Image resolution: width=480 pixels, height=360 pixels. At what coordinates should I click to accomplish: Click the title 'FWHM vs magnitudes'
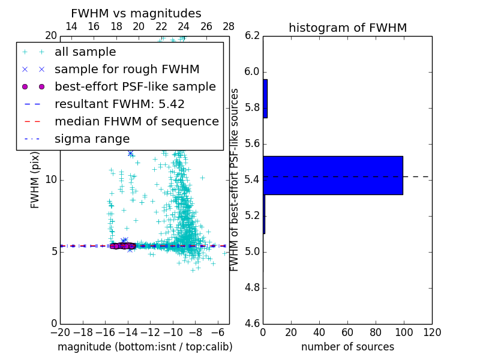click(136, 13)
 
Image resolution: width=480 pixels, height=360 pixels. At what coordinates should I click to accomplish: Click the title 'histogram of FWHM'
click(347, 28)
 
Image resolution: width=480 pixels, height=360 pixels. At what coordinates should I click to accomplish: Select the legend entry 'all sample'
click(85, 52)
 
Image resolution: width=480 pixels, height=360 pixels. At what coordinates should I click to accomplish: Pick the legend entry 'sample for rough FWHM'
click(127, 70)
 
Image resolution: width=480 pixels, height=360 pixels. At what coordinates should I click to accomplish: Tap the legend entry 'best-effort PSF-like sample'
click(135, 87)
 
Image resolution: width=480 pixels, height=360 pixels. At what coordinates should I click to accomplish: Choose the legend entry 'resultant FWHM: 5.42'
click(119, 104)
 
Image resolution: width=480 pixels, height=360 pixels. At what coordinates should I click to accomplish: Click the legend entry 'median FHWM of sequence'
click(136, 122)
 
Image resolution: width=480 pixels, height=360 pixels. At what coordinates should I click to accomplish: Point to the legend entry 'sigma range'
click(92, 139)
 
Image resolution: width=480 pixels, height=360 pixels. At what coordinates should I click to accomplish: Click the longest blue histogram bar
click(332, 175)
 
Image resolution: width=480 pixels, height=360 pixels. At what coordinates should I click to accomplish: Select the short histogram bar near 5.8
click(265, 98)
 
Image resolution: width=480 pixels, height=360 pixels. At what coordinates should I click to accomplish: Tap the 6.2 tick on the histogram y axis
click(252, 36)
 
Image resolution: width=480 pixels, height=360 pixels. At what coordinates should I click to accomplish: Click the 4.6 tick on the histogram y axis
click(252, 323)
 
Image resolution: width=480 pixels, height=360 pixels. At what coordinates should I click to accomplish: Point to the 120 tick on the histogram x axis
click(431, 332)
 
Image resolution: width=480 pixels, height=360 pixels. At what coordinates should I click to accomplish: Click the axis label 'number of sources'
click(347, 347)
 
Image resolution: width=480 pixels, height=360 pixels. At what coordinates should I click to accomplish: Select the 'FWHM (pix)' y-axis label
click(35, 179)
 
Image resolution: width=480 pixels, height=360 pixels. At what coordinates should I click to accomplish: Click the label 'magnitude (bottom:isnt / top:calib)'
click(145, 347)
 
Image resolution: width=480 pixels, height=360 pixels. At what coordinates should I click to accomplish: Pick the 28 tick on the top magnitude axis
click(229, 26)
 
